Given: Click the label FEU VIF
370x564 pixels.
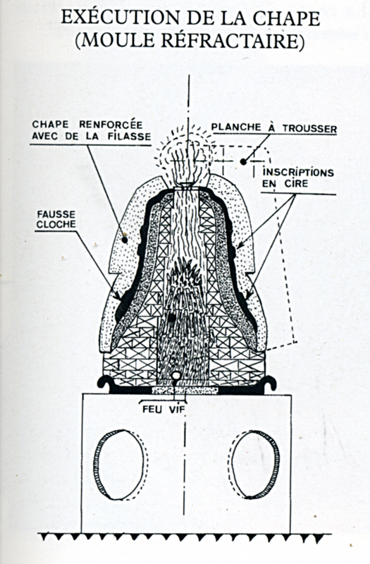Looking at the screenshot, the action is pyautogui.click(x=164, y=410).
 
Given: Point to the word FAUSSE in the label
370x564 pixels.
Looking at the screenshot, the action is pyautogui.click(x=57, y=215).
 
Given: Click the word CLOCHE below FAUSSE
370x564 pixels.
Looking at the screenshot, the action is pyautogui.click(x=56, y=224).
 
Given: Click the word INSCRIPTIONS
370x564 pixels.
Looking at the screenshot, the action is pyautogui.click(x=298, y=173).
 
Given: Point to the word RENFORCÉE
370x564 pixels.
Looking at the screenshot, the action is pyautogui.click(x=111, y=125).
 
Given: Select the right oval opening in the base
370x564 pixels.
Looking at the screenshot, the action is pyautogui.click(x=256, y=465).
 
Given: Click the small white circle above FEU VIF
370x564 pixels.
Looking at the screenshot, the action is pyautogui.click(x=175, y=376).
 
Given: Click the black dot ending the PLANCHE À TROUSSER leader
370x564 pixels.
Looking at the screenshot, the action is pyautogui.click(x=243, y=162).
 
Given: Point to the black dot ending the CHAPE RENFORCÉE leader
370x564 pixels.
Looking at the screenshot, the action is pyautogui.click(x=125, y=239).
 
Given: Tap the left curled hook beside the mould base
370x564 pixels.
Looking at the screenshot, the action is pyautogui.click(x=105, y=384).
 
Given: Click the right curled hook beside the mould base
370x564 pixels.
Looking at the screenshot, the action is pyautogui.click(x=269, y=384).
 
